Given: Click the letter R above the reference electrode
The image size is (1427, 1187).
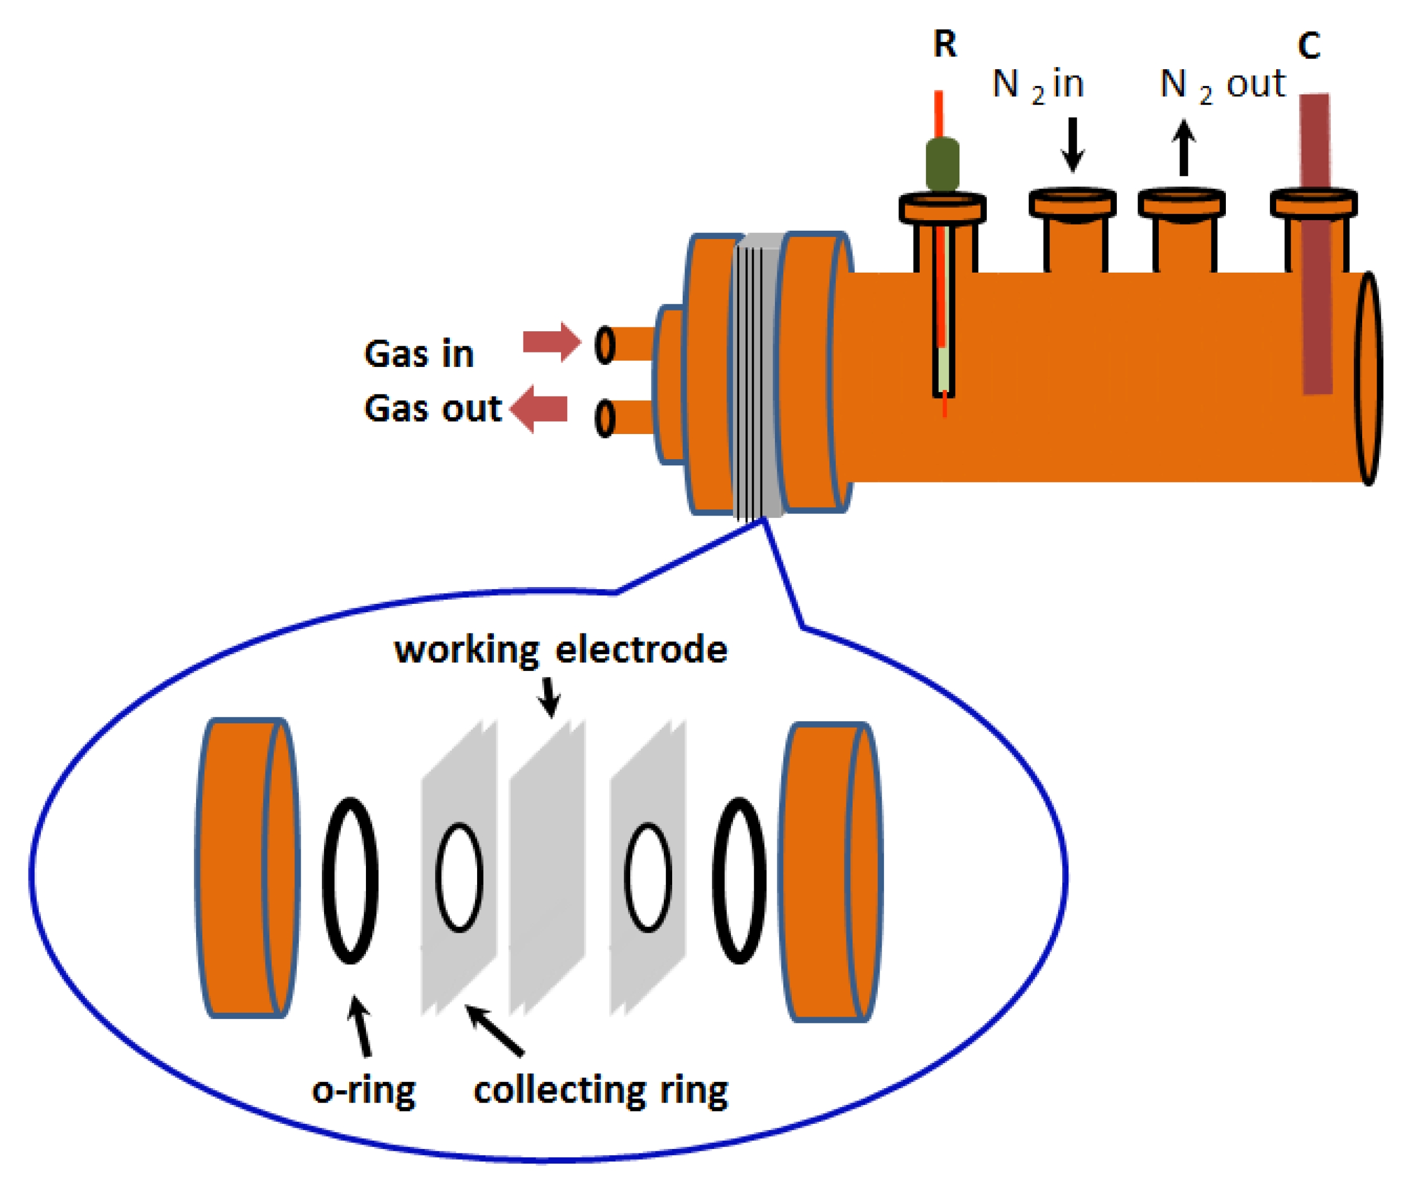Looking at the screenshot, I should pyautogui.click(x=945, y=45).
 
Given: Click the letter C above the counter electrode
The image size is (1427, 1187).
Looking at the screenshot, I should pyautogui.click(x=1309, y=46).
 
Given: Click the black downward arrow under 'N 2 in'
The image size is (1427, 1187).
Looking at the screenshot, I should pyautogui.click(x=1072, y=144).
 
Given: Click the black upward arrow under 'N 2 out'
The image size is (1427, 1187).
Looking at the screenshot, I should pyautogui.click(x=1184, y=147).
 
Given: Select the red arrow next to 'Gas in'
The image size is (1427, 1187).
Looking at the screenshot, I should pyautogui.click(x=551, y=342).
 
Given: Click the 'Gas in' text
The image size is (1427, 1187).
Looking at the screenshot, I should pyautogui.click(x=418, y=354).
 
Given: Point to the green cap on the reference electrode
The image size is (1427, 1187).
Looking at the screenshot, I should pyautogui.click(x=943, y=164).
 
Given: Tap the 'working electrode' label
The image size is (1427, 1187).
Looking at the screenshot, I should pyautogui.click(x=560, y=650).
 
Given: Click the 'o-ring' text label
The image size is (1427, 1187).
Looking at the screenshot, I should pyautogui.click(x=364, y=1091).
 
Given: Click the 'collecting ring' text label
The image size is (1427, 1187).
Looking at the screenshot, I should pyautogui.click(x=601, y=1091).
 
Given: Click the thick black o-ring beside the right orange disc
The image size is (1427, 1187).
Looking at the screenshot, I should pyautogui.click(x=739, y=880).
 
